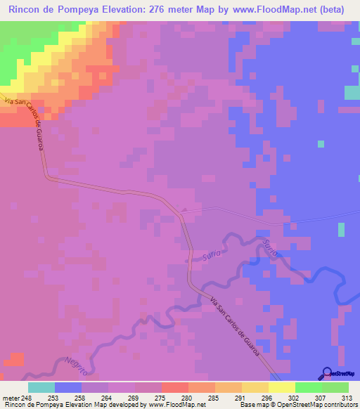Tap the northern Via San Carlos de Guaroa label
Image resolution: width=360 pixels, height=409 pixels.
point(28,123)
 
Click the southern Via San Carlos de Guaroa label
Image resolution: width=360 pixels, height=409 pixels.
point(240,326)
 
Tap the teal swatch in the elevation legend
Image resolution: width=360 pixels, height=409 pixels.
point(41,387)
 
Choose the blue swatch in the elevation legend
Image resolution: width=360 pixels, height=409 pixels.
point(68,387)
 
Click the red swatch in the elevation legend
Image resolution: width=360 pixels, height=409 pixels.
point(175,387)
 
